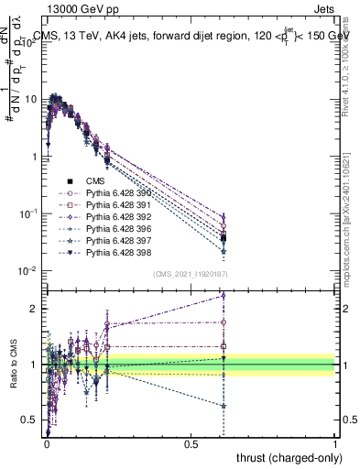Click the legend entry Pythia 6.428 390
(x=115, y=193)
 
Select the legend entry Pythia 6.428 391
(x=115, y=205)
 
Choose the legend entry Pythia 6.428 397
(x=115, y=239)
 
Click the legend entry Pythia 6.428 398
(x=115, y=251)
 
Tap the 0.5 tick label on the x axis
(x=191, y=444)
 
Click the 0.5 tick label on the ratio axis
(x=31, y=420)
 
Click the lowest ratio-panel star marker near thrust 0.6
(x=224, y=406)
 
